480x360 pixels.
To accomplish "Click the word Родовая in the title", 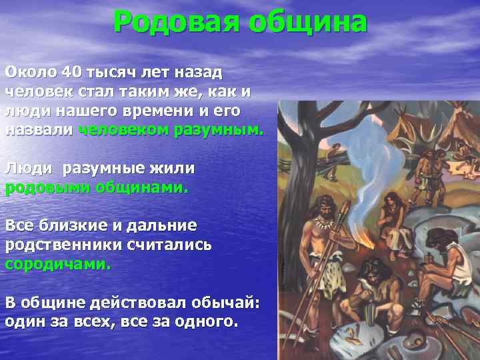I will pyautogui.click(x=175, y=21).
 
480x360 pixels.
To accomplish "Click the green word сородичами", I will pyautogui.click(x=58, y=263).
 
